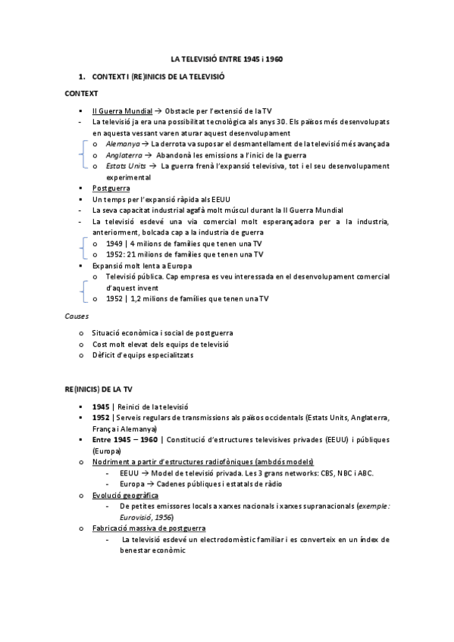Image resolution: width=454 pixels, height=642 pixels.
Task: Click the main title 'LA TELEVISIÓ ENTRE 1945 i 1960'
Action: [227, 58]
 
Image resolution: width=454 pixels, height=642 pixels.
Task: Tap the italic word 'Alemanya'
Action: [123, 143]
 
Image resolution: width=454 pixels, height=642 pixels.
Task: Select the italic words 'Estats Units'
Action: [127, 166]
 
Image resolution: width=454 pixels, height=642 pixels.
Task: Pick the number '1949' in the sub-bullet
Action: [115, 243]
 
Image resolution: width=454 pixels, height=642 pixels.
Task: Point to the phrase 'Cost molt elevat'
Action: [116, 344]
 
